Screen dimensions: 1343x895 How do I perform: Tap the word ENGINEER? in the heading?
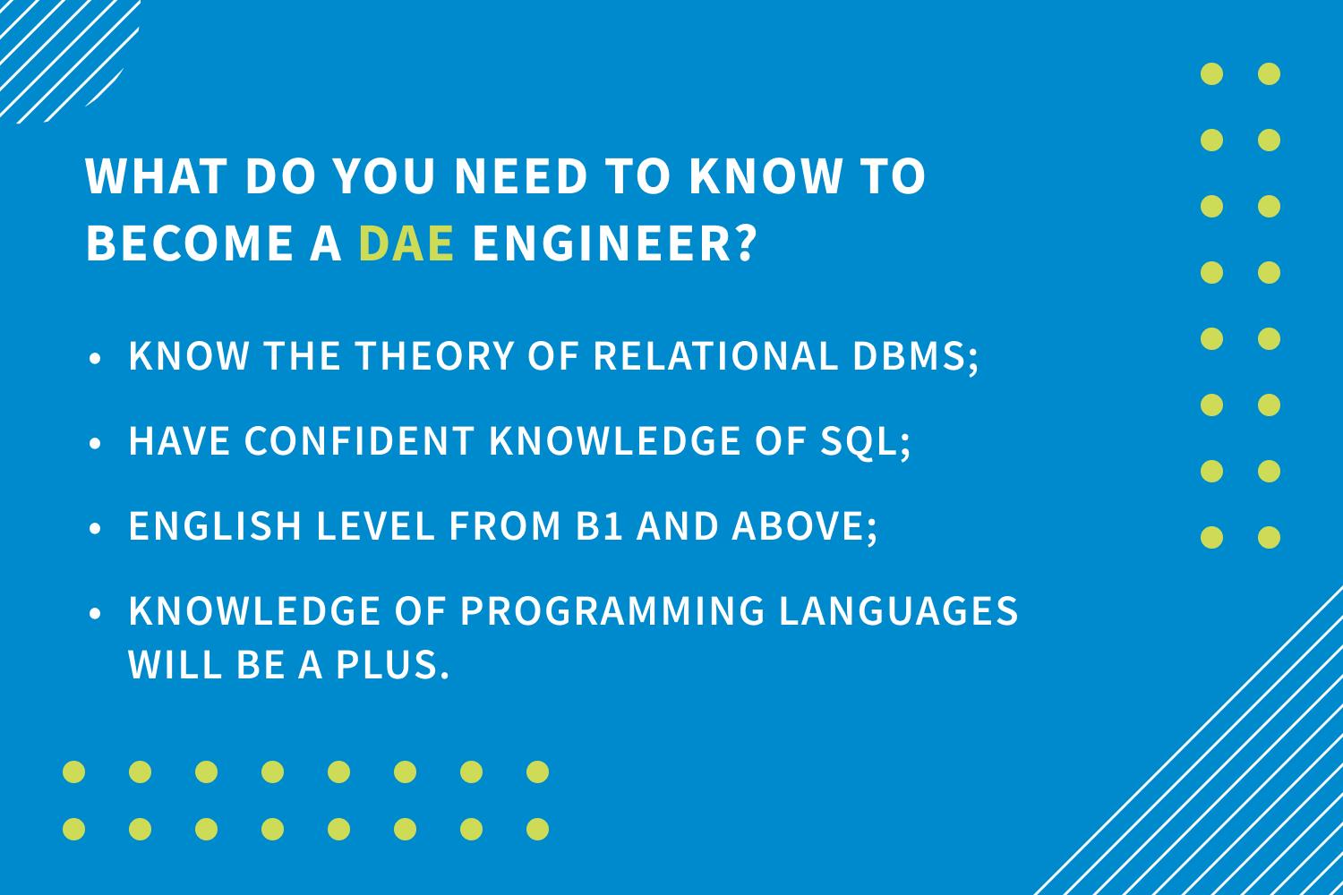[615, 243]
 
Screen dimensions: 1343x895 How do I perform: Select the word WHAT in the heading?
[156, 176]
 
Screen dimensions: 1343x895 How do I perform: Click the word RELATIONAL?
[715, 355]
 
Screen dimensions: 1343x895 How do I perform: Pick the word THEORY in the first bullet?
[434, 355]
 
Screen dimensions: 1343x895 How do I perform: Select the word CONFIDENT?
[360, 440]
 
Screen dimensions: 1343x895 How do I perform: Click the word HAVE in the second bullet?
[179, 440]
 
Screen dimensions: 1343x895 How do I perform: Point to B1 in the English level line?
[598, 525]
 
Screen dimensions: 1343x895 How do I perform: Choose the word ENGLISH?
[215, 525]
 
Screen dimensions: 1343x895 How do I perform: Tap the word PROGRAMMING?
[612, 611]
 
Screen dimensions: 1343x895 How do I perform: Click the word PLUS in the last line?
[392, 665]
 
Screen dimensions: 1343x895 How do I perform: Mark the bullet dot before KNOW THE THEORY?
[95, 359]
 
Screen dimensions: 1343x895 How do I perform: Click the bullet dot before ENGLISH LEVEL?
[95, 529]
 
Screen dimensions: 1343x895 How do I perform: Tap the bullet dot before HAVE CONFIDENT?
[95, 444]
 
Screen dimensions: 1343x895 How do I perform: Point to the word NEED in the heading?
[520, 176]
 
